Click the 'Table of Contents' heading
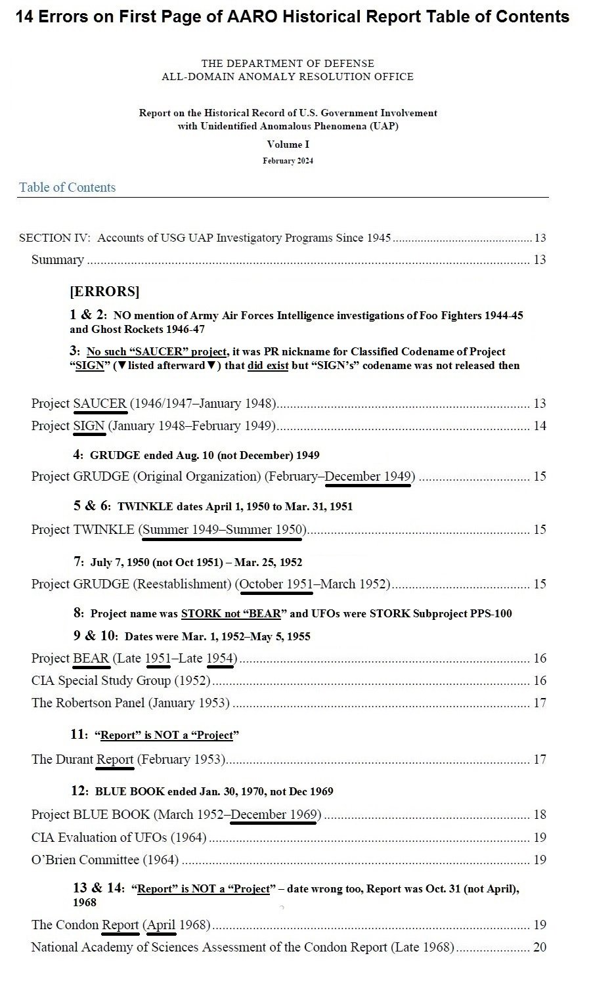[67, 187]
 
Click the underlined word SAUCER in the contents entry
[100, 403]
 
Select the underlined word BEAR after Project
[91, 658]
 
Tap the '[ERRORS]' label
[104, 292]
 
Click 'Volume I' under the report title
[288, 144]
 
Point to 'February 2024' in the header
[288, 161]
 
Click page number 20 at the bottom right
[540, 947]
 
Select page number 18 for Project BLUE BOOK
[540, 814]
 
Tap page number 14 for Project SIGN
[540, 426]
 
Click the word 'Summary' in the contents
[58, 259]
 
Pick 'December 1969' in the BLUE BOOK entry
[274, 814]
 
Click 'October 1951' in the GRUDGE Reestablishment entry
[276, 584]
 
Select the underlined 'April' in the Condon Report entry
[161, 925]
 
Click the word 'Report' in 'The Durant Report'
[115, 759]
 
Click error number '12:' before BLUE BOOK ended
[81, 791]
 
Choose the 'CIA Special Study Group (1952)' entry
[121, 680]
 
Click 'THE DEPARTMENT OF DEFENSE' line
[288, 64]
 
